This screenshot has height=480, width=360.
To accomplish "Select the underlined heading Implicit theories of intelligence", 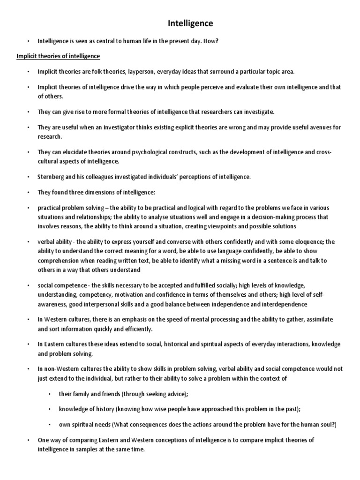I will pyautogui.click(x=58, y=56).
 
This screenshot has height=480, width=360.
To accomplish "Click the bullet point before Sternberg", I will pyautogui.click(x=29, y=177).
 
